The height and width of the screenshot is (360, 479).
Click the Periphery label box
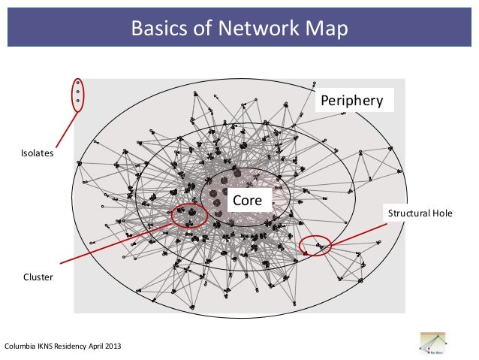point(351,100)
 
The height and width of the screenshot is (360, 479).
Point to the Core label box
point(247,201)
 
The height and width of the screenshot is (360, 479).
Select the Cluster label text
point(38,277)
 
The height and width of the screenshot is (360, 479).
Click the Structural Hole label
point(420,213)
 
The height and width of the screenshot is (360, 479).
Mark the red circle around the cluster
point(189,216)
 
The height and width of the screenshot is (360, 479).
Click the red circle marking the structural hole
point(315,245)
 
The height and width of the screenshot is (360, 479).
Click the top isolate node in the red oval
point(77,82)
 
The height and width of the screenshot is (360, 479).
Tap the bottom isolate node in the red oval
point(77,100)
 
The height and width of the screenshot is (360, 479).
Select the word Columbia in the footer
point(20,346)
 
